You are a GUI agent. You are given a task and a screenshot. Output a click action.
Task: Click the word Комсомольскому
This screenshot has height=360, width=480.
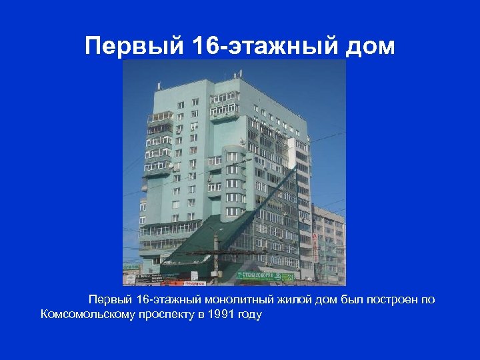[93, 315]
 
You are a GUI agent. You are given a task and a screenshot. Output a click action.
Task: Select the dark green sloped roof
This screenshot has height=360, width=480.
[200, 237]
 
